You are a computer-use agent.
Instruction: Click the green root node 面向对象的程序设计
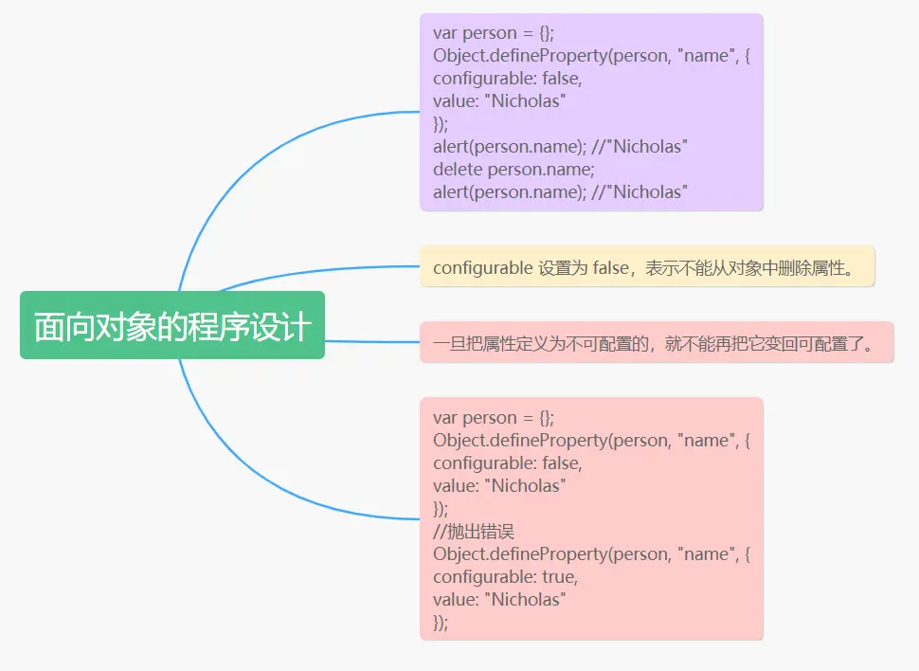(x=171, y=326)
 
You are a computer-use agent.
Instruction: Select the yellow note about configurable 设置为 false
(x=647, y=267)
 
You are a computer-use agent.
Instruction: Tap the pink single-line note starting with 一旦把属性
(x=657, y=342)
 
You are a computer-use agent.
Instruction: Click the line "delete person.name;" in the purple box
(x=514, y=169)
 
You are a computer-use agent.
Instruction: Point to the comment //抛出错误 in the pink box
(x=474, y=531)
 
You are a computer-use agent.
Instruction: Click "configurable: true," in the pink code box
(x=506, y=576)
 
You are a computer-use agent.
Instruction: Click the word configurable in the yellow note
(x=482, y=267)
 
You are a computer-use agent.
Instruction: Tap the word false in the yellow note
(x=611, y=267)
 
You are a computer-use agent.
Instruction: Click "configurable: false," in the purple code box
(x=507, y=79)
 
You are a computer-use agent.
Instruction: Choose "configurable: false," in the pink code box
(x=507, y=463)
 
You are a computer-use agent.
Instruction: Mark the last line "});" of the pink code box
(x=441, y=622)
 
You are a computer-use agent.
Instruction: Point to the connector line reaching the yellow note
(x=322, y=269)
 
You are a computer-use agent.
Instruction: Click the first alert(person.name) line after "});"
(x=559, y=146)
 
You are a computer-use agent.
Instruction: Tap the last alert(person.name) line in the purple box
(x=559, y=191)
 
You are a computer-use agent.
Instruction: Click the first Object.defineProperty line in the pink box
(x=591, y=441)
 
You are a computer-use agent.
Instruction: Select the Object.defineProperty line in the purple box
(x=591, y=56)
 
